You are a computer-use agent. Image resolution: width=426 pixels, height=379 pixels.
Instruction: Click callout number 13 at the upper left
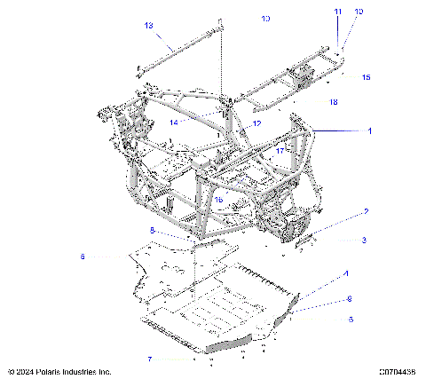(x=148, y=25)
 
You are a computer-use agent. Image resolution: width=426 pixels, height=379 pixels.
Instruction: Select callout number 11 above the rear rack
(x=337, y=12)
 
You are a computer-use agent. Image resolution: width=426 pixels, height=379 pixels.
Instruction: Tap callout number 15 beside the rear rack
(x=366, y=78)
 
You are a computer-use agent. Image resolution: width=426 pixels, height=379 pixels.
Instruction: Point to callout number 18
(x=333, y=103)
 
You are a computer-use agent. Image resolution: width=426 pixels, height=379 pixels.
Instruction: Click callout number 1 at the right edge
(x=370, y=130)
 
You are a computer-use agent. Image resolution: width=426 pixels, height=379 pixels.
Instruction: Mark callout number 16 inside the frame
(x=217, y=200)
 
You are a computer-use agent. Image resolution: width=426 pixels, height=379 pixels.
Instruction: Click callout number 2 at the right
(x=366, y=212)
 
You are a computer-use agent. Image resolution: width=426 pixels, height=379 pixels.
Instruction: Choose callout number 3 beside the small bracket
(x=363, y=240)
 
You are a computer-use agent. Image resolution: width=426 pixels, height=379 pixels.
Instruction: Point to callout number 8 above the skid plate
(x=152, y=230)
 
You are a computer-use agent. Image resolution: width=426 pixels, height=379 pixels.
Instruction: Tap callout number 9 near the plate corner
(x=350, y=298)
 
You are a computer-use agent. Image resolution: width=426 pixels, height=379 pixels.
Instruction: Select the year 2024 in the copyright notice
(x=25, y=371)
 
